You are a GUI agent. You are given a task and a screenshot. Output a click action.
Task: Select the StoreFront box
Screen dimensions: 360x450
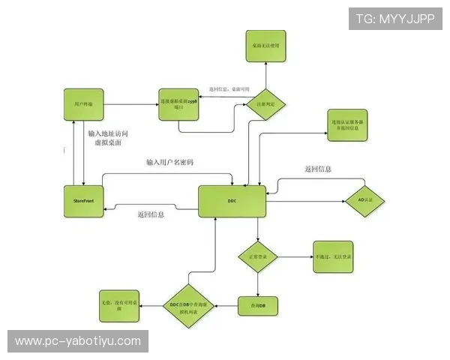click(82, 201)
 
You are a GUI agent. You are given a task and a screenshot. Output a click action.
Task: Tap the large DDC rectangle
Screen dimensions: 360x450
click(232, 201)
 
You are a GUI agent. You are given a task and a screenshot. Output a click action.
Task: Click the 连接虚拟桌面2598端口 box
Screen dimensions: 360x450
click(178, 102)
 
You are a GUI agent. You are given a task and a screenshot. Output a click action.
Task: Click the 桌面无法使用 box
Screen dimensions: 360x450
click(265, 46)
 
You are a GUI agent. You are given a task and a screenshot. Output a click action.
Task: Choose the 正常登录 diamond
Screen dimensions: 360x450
click(257, 257)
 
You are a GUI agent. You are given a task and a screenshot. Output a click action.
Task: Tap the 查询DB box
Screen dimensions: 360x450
click(257, 305)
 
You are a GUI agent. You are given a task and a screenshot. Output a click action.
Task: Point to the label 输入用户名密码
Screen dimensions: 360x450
click(169, 163)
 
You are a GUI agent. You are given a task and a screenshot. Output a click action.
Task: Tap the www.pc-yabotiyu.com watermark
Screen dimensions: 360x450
click(78, 341)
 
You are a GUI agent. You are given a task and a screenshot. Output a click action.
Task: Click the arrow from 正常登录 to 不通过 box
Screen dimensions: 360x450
click(294, 257)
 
